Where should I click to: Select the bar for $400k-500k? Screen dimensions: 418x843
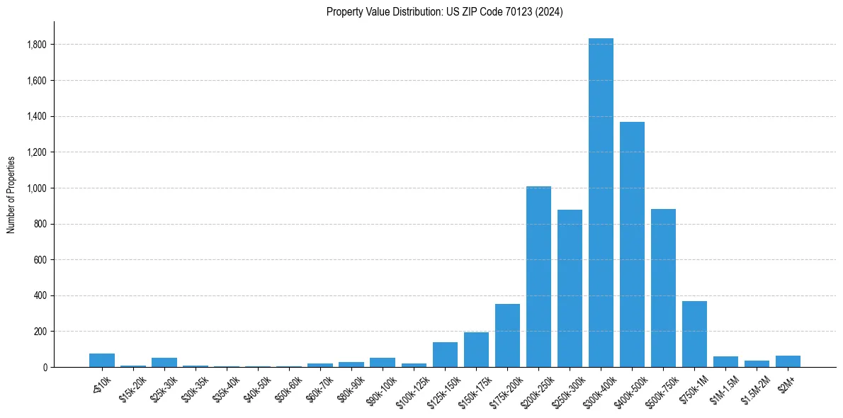(x=632, y=244)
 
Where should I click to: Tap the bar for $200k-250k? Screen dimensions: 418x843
(x=538, y=276)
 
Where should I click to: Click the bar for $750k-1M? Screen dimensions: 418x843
(x=694, y=334)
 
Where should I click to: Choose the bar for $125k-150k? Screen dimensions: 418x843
(x=445, y=354)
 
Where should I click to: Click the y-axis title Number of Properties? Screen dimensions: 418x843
(x=11, y=195)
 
